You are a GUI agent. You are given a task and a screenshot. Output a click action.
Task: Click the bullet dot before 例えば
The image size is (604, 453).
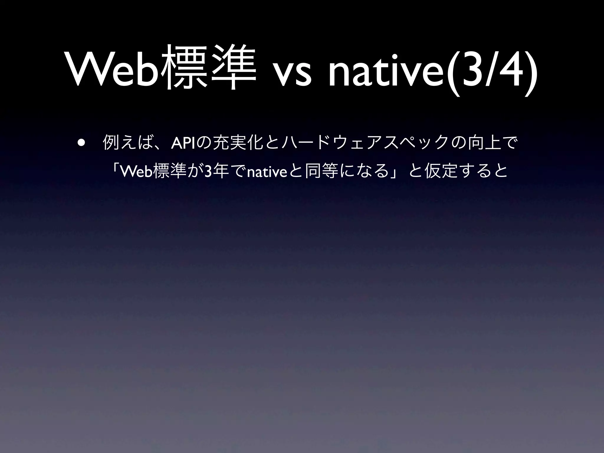[81, 144]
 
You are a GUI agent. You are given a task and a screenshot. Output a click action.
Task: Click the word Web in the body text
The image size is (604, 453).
[137, 171]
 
